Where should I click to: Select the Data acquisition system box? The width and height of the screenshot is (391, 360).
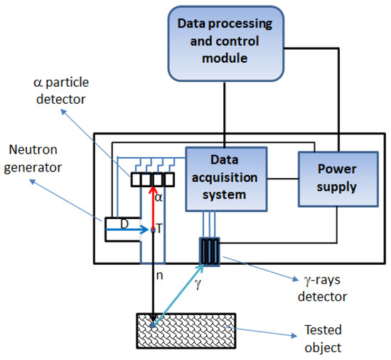225,179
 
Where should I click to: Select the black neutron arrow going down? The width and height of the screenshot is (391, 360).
153,277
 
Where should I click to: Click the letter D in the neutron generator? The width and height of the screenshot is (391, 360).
124,224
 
